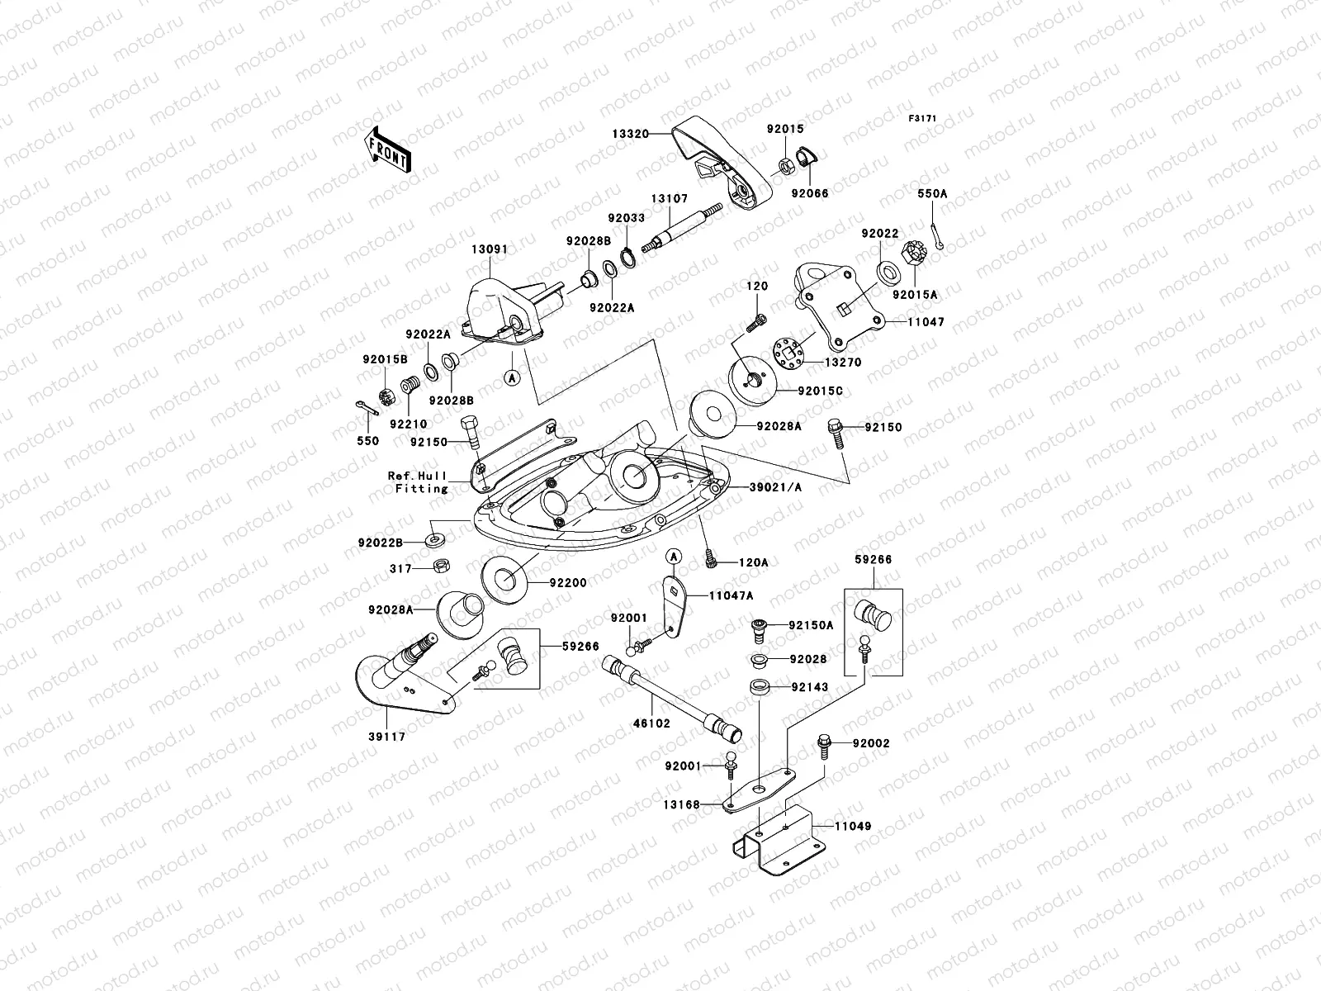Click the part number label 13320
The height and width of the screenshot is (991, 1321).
pyautogui.click(x=631, y=134)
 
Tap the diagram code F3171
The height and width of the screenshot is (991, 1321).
pyautogui.click(x=922, y=119)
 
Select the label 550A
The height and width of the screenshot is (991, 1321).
pyautogui.click(x=932, y=194)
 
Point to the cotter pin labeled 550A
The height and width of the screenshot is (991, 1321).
pyautogui.click(x=936, y=235)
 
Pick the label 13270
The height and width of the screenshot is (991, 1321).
pyautogui.click(x=843, y=363)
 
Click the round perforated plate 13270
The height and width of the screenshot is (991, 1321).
pyautogui.click(x=788, y=353)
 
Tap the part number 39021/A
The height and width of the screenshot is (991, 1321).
pyautogui.click(x=775, y=487)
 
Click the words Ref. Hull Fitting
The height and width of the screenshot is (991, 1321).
pyautogui.click(x=419, y=482)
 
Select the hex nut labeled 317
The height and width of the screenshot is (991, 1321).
pyautogui.click(x=441, y=566)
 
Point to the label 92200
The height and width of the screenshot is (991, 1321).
pyautogui.click(x=567, y=582)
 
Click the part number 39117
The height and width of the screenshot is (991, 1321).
pyautogui.click(x=387, y=737)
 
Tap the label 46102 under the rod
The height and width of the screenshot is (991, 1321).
pyautogui.click(x=651, y=723)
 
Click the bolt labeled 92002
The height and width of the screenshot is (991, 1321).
pyautogui.click(x=824, y=746)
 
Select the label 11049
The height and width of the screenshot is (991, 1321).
pyautogui.click(x=853, y=826)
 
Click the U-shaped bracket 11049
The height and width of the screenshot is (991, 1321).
pyautogui.click(x=779, y=840)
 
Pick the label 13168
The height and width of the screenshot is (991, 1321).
pyautogui.click(x=682, y=804)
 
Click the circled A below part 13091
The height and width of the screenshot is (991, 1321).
pyautogui.click(x=512, y=378)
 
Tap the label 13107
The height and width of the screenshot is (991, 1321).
pyautogui.click(x=670, y=198)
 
